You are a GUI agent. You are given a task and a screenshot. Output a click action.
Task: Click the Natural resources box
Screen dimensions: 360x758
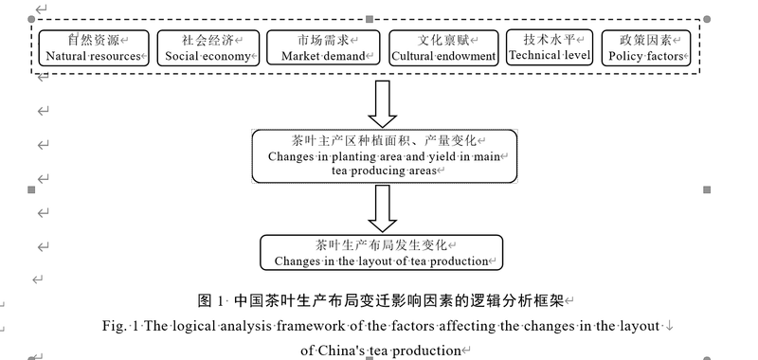click(x=92, y=47)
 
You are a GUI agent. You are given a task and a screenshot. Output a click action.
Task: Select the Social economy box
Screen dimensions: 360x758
click(x=208, y=47)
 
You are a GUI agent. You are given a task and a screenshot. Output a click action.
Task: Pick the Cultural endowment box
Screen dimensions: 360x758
click(x=444, y=47)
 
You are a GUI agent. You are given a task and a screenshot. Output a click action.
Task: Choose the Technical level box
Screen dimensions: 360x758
click(x=550, y=47)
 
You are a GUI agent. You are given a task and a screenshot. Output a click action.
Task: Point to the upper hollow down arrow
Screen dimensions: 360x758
click(x=383, y=102)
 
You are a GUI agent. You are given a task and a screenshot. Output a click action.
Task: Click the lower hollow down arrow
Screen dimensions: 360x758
click(x=383, y=207)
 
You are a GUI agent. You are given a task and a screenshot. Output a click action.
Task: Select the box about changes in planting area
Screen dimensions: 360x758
click(x=385, y=155)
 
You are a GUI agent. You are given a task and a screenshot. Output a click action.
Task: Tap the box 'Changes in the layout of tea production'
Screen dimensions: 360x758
click(x=383, y=252)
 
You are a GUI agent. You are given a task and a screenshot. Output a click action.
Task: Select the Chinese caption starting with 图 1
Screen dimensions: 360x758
click(x=379, y=301)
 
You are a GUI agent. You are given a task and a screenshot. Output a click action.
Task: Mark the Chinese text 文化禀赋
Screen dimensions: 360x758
click(x=442, y=40)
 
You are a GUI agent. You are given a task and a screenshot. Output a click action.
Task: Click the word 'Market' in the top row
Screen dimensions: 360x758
click(x=301, y=56)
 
